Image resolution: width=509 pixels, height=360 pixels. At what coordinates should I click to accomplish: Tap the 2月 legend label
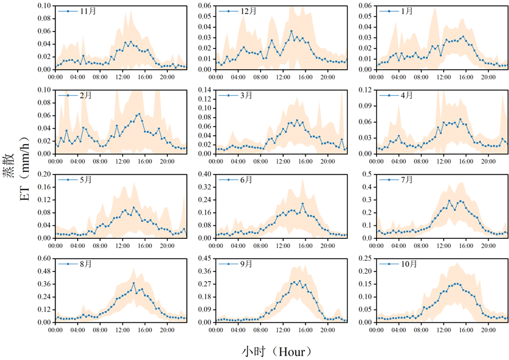[x=86, y=95]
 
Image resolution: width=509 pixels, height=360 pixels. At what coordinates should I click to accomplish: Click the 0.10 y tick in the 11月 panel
[x=44, y=5]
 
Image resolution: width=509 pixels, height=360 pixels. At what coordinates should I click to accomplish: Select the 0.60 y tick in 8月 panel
[x=44, y=259]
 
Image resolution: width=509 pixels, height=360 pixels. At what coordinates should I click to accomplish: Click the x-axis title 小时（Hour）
[x=276, y=352]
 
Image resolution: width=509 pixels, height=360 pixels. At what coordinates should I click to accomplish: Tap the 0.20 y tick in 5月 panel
[x=44, y=174]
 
